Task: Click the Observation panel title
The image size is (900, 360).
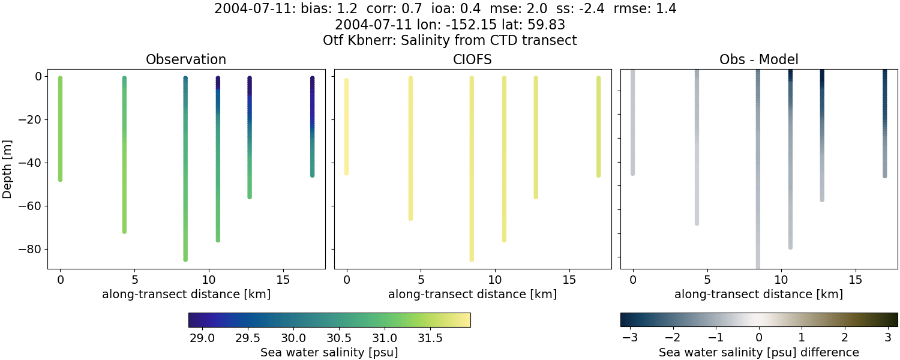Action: point(186,60)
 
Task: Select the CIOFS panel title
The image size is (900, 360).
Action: point(472,60)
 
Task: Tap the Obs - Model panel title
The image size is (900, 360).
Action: point(758,60)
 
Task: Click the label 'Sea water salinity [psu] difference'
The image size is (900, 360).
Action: point(758,352)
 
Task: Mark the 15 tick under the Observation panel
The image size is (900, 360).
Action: point(283,280)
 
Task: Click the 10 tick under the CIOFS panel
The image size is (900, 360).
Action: point(495,280)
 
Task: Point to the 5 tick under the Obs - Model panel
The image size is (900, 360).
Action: point(707,280)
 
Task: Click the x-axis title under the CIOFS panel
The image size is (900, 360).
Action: point(472,295)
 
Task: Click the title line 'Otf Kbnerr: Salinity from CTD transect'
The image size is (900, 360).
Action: point(449,41)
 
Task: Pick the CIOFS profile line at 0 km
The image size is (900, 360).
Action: point(346,126)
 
